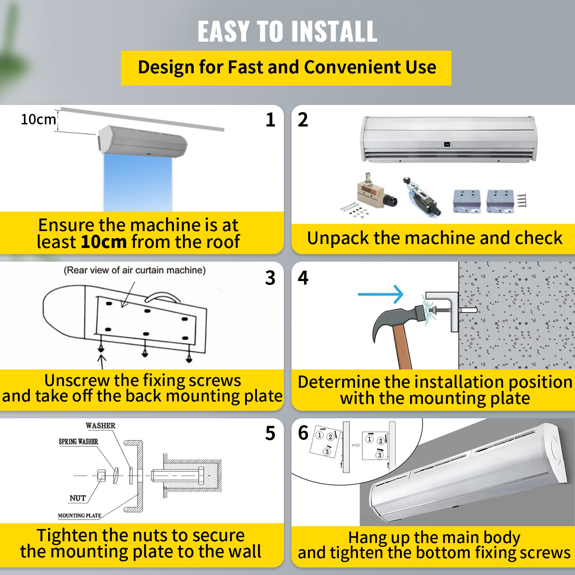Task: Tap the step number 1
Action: point(270,120)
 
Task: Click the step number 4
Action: point(303,278)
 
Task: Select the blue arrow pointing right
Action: point(381,294)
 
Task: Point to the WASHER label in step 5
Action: point(100,425)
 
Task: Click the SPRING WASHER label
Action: point(78,441)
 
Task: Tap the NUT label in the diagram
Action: point(78,498)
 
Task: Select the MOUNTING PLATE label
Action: point(79,515)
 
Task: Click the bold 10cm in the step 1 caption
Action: point(103,241)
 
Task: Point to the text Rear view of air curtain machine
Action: point(134,270)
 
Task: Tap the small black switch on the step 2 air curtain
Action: point(447,144)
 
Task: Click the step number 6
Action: point(303,433)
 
